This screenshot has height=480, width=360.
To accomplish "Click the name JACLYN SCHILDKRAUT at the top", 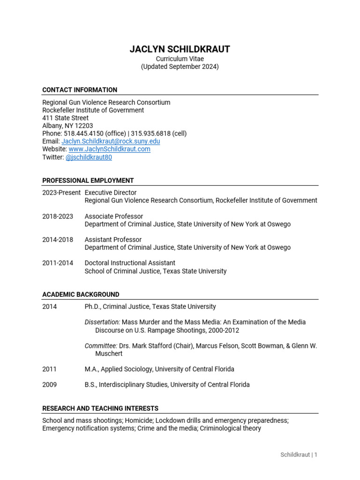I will pyautogui.click(x=180, y=49).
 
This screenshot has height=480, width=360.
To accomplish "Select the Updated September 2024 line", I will pyautogui.click(x=180, y=67).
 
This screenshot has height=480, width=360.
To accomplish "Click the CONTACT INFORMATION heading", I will pyautogui.click(x=80, y=90).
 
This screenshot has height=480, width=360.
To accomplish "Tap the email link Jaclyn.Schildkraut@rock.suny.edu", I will pyautogui.click(x=111, y=141).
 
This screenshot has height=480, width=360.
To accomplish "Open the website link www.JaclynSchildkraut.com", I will pyautogui.click(x=109, y=149).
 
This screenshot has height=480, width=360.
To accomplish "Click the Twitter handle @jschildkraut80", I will pyautogui.click(x=89, y=157).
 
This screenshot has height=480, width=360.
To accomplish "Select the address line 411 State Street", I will pyautogui.click(x=65, y=118).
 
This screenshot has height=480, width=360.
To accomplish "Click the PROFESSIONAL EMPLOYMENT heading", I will pyautogui.click(x=88, y=180).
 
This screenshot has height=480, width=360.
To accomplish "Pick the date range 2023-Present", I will pyautogui.click(x=61, y=193).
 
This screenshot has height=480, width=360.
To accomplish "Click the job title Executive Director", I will pyautogui.click(x=111, y=193).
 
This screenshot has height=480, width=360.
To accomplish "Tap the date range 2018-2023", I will pyautogui.click(x=58, y=216).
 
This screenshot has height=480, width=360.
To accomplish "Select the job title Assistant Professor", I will pyautogui.click(x=113, y=240).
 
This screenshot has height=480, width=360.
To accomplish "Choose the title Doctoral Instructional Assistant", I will pyautogui.click(x=130, y=263).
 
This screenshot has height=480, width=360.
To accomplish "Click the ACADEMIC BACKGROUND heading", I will pyautogui.click(x=81, y=294).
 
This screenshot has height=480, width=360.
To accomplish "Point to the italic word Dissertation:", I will pyautogui.click(x=102, y=322).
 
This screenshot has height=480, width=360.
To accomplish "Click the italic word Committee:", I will pyautogui.click(x=101, y=346).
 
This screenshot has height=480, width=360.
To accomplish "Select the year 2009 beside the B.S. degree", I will pyautogui.click(x=49, y=385).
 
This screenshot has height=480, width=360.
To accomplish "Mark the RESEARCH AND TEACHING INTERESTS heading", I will pyautogui.click(x=100, y=408).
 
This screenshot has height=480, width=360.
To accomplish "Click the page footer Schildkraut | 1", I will pyautogui.click(x=299, y=455).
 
